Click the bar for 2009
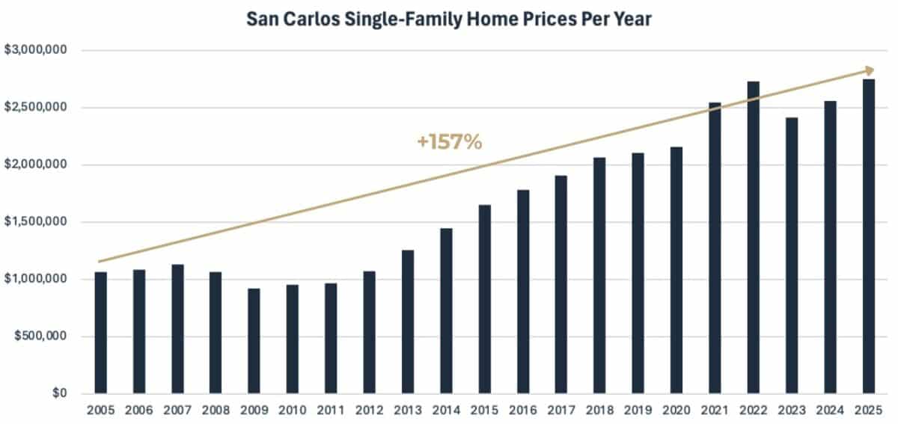254,341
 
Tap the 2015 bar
484,299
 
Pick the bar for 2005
100,333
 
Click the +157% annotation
449,141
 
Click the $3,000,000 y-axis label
36,50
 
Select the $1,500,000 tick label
36,222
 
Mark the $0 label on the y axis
58,393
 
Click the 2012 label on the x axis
369,410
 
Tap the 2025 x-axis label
868,410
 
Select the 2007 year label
177,410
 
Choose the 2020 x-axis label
676,410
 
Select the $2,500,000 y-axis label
36,108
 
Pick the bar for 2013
407,322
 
